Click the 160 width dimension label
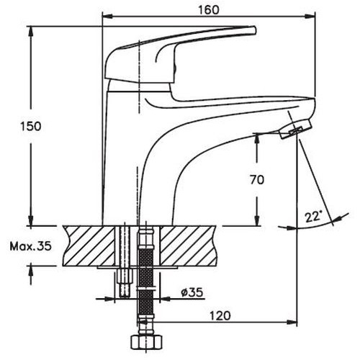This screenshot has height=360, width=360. pos(208,10)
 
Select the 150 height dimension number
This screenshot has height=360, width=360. pos(31,126)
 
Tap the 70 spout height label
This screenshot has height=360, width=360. pos(257,180)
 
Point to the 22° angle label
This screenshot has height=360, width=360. pos(313,216)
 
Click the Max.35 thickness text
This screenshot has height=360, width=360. pos(31,246)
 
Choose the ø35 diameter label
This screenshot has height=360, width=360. pos(192,292)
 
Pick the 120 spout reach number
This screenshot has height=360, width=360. pos(220,316)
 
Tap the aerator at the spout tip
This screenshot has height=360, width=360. pos(296,129)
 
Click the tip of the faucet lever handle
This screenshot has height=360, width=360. pos(254,30)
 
